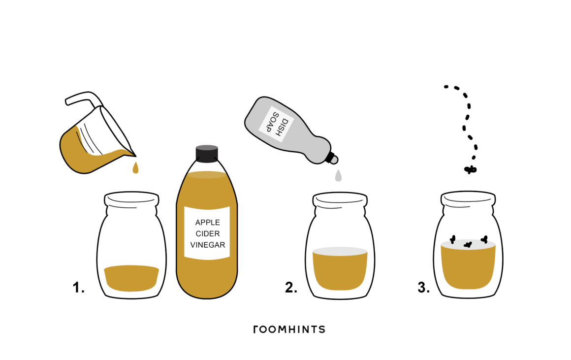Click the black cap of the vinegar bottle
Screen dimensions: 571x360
click(207, 153)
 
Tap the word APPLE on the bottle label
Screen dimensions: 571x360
click(208, 222)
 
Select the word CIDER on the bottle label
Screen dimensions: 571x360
click(208, 233)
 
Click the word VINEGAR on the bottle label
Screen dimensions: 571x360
click(208, 245)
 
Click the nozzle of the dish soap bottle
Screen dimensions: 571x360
click(332, 158)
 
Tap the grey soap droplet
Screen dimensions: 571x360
click(338, 175)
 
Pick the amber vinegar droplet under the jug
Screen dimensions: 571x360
click(135, 167)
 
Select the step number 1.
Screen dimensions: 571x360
click(78, 288)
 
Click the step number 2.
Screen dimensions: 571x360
click(291, 288)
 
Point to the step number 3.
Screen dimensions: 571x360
click(423, 288)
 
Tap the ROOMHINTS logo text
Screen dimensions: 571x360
click(289, 329)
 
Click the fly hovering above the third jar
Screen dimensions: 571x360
click(470, 169)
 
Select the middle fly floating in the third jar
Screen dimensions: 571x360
click(468, 244)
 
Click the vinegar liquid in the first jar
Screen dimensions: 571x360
click(131, 278)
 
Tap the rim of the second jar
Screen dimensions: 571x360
click(340, 199)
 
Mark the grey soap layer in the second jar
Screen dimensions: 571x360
click(340, 251)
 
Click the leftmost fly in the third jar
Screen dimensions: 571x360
click(453, 239)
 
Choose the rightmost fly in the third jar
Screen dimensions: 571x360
click(484, 239)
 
